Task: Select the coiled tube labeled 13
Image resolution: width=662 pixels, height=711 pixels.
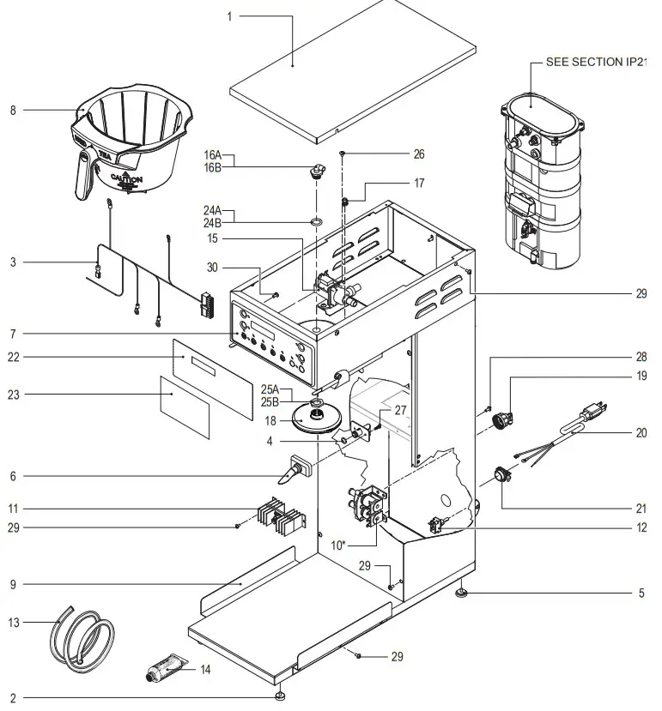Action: pyautogui.click(x=82, y=636)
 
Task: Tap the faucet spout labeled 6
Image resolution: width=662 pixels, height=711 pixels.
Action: pyautogui.click(x=294, y=470)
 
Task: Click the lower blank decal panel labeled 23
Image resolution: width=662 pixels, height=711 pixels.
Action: pyautogui.click(x=185, y=406)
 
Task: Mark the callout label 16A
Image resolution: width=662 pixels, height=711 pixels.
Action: pyautogui.click(x=212, y=154)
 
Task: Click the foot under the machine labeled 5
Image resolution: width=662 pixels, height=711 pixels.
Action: pyautogui.click(x=464, y=593)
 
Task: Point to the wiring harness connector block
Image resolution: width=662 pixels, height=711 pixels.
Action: pyautogui.click(x=207, y=304)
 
